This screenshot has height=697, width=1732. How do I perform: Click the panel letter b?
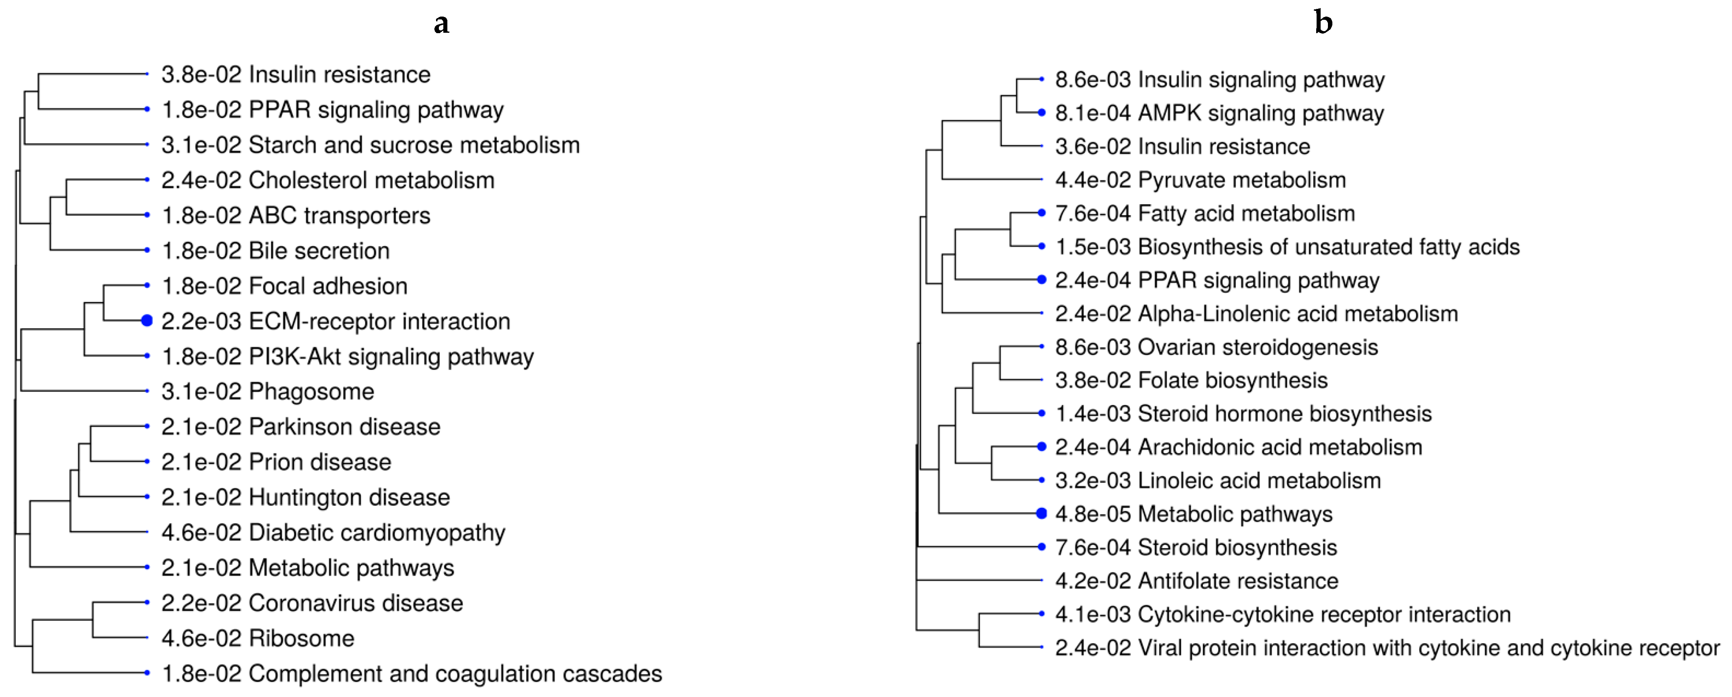pyautogui.click(x=1323, y=23)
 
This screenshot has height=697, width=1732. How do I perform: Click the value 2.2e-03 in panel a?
pyautogui.click(x=201, y=321)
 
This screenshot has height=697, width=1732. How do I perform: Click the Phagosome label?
pyautogui.click(x=311, y=391)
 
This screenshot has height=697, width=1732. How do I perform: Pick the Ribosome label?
pyautogui.click(x=301, y=638)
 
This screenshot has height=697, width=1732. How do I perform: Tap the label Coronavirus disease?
pyautogui.click(x=356, y=603)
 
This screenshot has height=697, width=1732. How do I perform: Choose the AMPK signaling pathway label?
pyautogui.click(x=1261, y=113)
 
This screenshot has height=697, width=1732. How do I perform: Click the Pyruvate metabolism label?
pyautogui.click(x=1242, y=180)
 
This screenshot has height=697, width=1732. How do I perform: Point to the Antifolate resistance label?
pyautogui.click(x=1238, y=581)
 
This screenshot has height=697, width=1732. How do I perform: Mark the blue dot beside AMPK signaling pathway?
pyautogui.click(x=1042, y=113)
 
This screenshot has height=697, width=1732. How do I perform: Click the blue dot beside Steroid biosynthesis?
pyautogui.click(x=1042, y=547)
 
